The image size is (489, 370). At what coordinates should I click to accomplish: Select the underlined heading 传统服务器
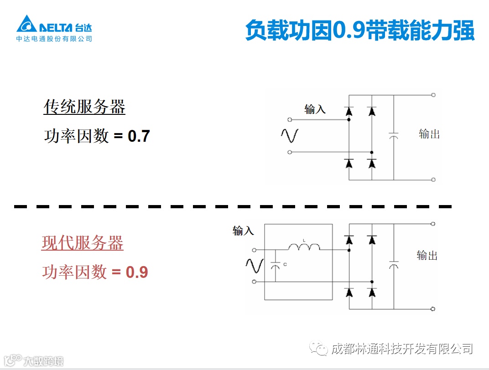[84, 108]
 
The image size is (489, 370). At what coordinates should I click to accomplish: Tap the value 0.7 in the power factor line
[139, 136]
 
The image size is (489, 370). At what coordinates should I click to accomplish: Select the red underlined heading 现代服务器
[83, 243]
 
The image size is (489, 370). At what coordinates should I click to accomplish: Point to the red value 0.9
[137, 272]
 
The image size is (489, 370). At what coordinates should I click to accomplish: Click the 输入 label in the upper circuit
[315, 109]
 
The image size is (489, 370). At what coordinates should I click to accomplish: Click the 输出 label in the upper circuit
[429, 134]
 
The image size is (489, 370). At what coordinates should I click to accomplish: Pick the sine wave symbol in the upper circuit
[289, 135]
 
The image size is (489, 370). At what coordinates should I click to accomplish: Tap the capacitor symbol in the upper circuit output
[393, 135]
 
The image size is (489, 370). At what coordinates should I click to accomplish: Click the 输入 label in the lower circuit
[243, 231]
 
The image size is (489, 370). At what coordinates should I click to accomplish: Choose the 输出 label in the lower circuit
[427, 256]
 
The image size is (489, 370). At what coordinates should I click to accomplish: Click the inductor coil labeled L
[304, 247]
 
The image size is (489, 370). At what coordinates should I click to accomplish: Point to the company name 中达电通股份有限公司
[54, 39]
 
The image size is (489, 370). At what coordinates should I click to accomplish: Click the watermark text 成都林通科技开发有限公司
[401, 349]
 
